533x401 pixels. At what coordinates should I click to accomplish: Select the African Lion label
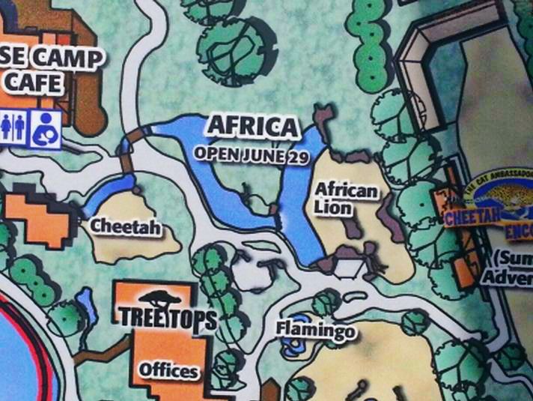(345, 199)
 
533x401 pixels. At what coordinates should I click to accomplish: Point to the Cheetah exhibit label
(126, 226)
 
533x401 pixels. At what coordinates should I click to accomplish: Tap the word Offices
(168, 370)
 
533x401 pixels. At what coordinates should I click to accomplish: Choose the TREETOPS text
(168, 318)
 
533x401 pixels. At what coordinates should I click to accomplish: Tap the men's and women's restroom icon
(15, 127)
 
